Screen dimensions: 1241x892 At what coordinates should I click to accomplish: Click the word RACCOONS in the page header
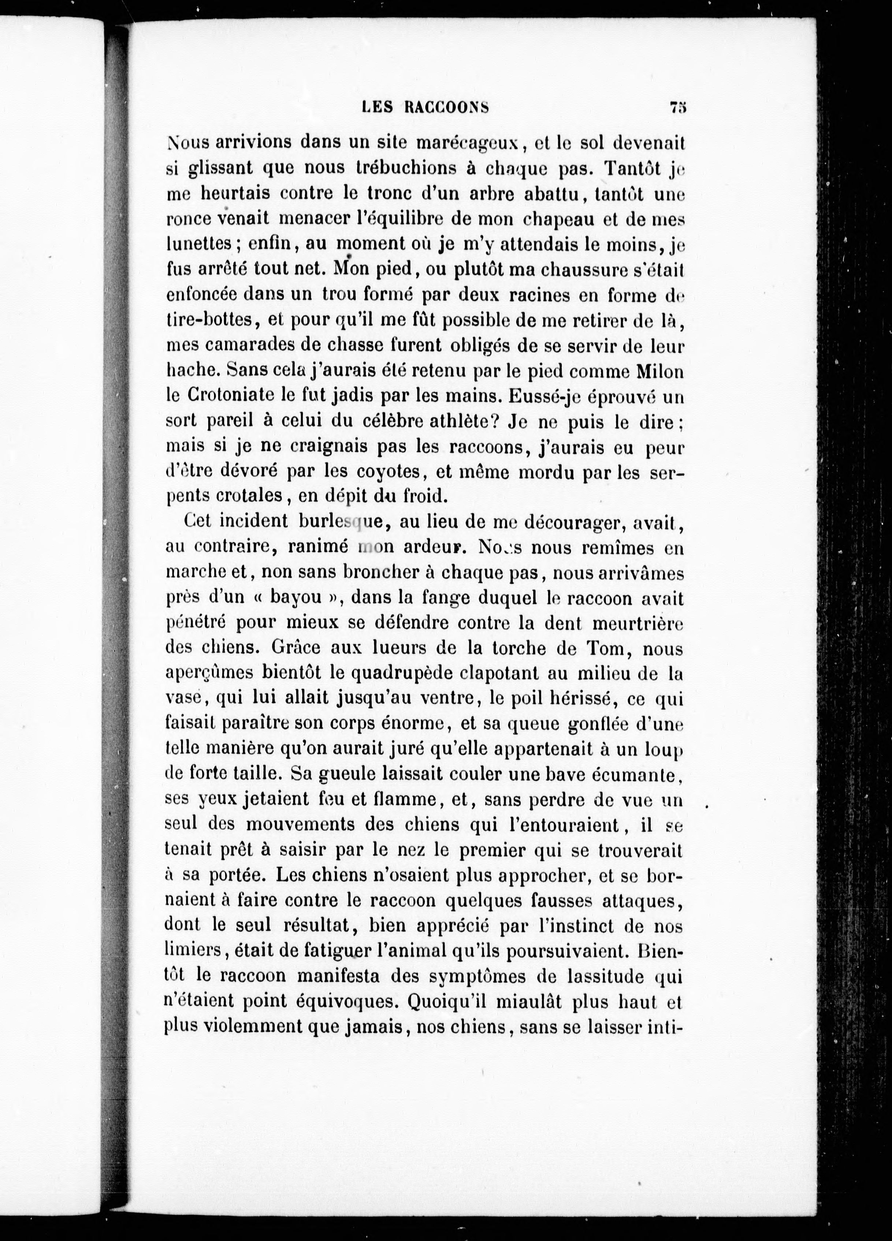(x=446, y=108)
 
